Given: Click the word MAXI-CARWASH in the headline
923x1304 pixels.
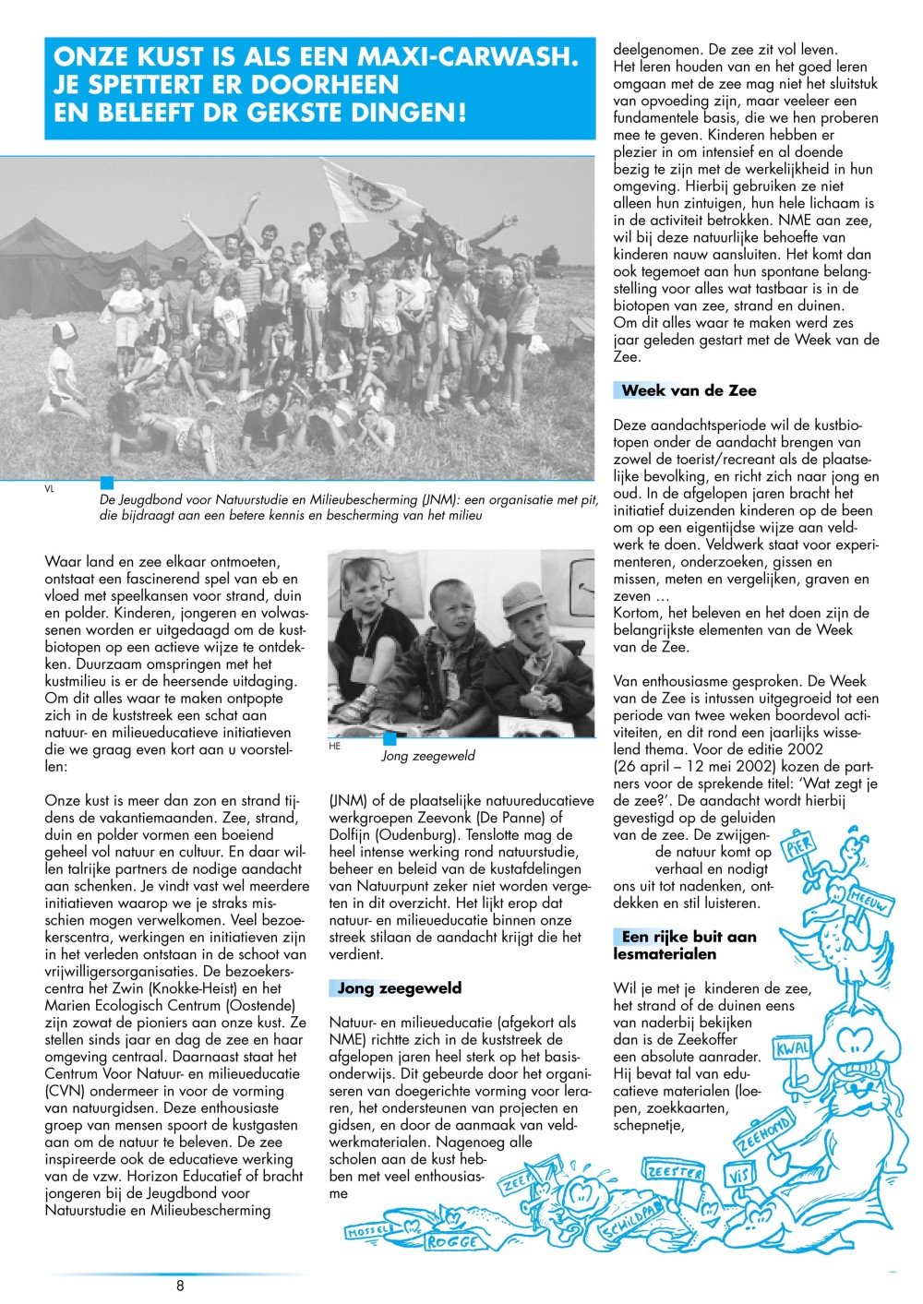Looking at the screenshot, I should click(x=463, y=57).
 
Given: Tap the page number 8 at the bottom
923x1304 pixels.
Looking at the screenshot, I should click(x=180, y=1285).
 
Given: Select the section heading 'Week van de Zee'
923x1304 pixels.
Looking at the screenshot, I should click(x=689, y=390).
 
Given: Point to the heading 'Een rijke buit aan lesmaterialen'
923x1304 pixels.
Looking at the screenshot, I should click(x=685, y=945).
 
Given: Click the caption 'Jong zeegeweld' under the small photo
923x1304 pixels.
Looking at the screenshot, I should click(x=428, y=756).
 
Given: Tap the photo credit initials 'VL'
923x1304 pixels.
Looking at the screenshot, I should click(x=50, y=489).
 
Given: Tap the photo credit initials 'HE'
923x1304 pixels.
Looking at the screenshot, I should click(x=334, y=746).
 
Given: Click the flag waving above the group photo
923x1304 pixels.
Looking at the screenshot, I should click(x=360, y=185).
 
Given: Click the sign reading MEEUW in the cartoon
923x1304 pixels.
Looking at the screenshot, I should click(x=869, y=901).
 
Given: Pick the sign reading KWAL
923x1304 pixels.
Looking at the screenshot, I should click(x=793, y=1049).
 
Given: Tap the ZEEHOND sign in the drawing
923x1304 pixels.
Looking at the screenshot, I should click(x=763, y=1136).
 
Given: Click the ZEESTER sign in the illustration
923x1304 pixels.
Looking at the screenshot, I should click(x=675, y=1172).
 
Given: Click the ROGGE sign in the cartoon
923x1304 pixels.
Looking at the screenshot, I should click(x=452, y=1242).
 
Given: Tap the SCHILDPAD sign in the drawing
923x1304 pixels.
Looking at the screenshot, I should click(x=630, y=1223).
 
